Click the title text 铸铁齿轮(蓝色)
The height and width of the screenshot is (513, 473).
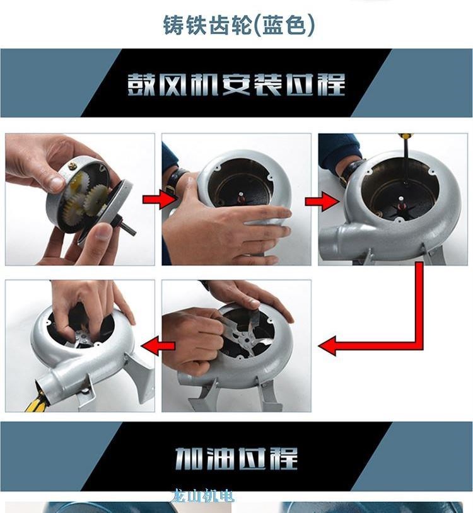tap(238, 25)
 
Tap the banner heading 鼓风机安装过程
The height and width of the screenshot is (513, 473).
tap(236, 84)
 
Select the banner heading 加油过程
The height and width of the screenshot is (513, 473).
tap(236, 458)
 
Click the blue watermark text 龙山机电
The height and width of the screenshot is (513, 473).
tap(202, 496)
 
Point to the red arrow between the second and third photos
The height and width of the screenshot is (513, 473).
tap(322, 201)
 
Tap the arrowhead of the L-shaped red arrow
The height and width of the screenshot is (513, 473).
tap(327, 346)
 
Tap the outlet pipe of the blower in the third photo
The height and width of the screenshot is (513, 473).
tap(334, 239)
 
